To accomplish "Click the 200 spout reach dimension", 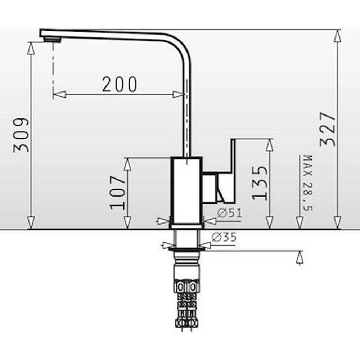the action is click(x=120, y=85).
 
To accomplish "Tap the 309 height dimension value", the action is click(x=21, y=135).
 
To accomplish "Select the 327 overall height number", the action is click(x=328, y=129).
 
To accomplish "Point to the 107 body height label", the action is click(x=118, y=192).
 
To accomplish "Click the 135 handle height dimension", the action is click(x=260, y=183).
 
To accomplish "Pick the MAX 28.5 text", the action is click(x=308, y=183).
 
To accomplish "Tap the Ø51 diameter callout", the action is click(x=229, y=213).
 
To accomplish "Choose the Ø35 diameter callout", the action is click(x=224, y=237).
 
